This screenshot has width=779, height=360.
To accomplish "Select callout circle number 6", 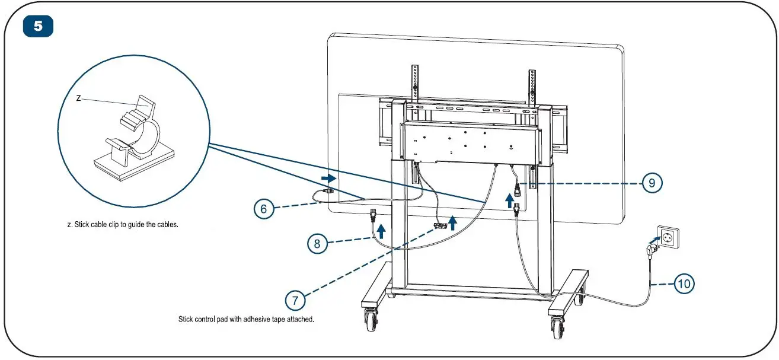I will coord(264,208).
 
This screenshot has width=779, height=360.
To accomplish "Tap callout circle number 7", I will coord(295,300).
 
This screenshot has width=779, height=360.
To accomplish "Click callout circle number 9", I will coord(652,183).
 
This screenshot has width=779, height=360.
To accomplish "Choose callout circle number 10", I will coord(684,284).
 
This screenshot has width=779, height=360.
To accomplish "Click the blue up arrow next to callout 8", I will coord(381,230).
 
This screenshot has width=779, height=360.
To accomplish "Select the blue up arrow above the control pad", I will coord(453,223).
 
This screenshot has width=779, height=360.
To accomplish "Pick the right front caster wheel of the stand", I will coord(558,324).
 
